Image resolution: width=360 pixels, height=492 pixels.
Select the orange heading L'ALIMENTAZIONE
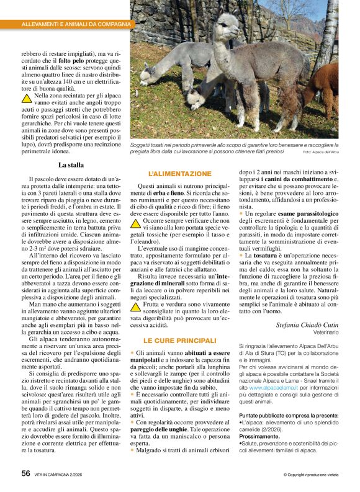179,174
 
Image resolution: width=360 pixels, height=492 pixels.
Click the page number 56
25,473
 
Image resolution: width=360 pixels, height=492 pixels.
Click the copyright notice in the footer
311,475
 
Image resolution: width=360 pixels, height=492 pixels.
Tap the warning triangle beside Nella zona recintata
27,97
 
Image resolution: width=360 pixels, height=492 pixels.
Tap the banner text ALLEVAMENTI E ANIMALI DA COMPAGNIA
76,24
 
